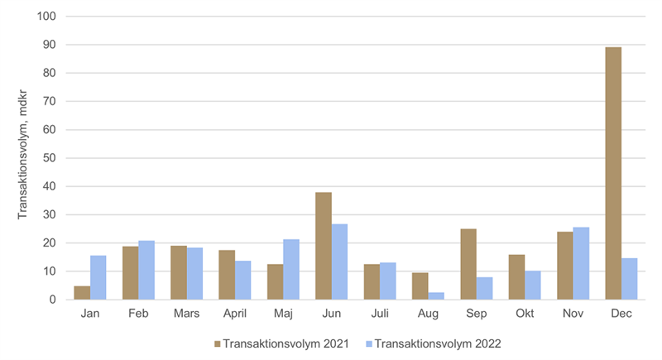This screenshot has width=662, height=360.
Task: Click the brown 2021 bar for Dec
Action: coord(613,173)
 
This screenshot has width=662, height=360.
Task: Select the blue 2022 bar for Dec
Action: coord(629,279)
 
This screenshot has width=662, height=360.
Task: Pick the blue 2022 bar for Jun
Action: coord(339,262)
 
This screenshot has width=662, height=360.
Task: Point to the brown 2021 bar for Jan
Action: coord(82,293)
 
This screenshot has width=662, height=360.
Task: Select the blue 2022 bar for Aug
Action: coord(436,295)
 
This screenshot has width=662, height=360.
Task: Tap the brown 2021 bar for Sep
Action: coord(468,264)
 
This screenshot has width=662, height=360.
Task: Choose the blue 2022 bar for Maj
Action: coord(291,269)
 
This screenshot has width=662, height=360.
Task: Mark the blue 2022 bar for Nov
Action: coord(581,263)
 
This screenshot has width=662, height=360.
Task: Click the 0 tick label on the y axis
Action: coord(51,300)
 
